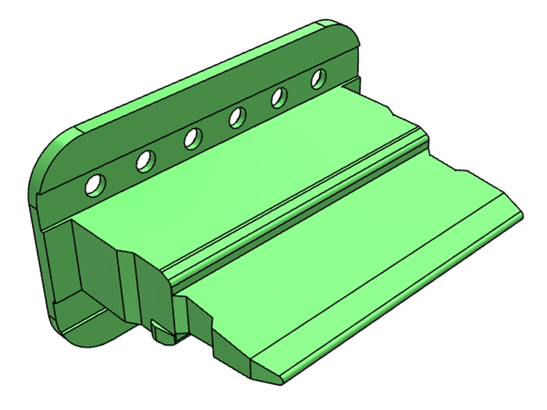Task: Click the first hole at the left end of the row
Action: point(95,183)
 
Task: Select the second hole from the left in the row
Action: point(145,161)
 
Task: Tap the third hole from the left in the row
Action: point(192,139)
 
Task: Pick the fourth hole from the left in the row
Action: point(238,118)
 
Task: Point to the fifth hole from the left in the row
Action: point(279,98)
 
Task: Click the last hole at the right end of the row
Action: point(318,79)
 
